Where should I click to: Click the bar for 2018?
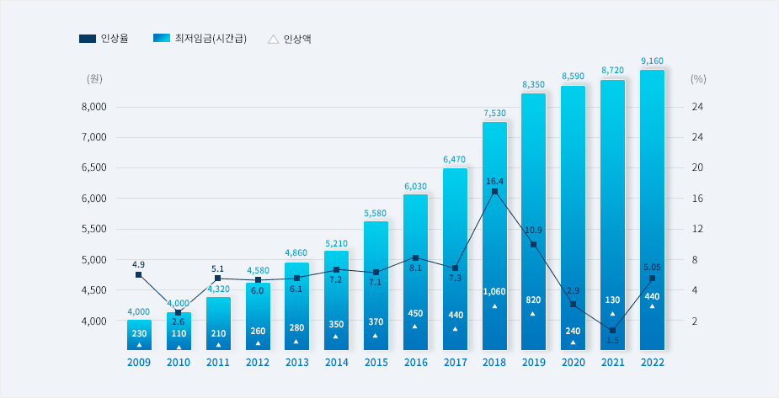click(494, 236)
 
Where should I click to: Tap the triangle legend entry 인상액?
click(289, 39)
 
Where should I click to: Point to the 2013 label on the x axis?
click(296, 363)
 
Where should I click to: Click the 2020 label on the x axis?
click(573, 363)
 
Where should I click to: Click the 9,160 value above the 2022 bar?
click(652, 61)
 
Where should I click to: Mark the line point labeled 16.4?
click(494, 192)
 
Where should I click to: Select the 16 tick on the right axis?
click(697, 199)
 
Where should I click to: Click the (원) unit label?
click(94, 78)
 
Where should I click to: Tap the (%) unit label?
click(697, 78)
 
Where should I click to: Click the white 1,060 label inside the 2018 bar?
click(494, 292)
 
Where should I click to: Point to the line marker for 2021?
click(612, 331)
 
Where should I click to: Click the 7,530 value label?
click(494, 113)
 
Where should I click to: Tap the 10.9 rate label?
click(534, 231)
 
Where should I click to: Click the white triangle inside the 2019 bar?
click(533, 314)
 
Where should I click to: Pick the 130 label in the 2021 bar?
click(612, 300)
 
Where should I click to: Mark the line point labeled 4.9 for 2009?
click(139, 275)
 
